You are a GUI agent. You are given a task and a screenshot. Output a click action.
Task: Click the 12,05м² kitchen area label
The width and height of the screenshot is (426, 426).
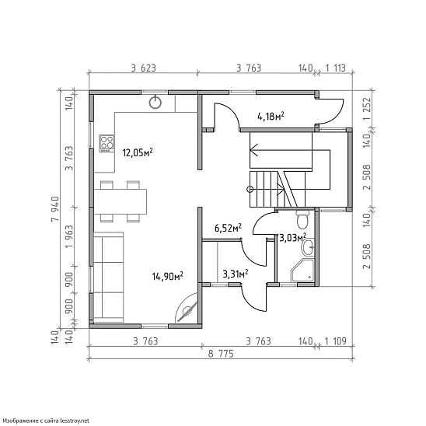click(x=138, y=152)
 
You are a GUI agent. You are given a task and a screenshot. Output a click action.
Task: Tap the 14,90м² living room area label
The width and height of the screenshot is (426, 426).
click(x=167, y=276)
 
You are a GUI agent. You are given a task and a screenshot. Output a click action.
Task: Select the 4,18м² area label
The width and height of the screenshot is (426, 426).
click(x=271, y=117)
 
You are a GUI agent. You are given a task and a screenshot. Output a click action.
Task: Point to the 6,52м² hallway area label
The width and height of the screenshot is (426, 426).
click(x=229, y=228)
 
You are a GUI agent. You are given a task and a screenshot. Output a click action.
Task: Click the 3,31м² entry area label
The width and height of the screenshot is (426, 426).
click(x=236, y=274)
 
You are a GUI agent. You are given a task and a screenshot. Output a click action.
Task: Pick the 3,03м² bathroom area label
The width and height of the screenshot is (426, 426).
click(x=293, y=238)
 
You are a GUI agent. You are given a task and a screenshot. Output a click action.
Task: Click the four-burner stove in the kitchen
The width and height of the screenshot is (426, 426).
click(x=106, y=143)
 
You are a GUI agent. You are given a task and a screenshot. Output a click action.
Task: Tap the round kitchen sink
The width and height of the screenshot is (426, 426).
click(x=155, y=102)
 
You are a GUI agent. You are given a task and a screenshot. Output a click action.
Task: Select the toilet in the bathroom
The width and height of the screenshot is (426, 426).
click(x=302, y=219)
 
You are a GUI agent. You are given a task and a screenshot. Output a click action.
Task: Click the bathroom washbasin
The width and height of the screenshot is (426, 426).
click(x=308, y=247)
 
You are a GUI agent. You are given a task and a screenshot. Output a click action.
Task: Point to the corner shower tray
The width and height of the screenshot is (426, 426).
click(x=302, y=271)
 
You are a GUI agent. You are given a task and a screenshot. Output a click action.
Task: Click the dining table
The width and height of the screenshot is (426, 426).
click(x=120, y=201)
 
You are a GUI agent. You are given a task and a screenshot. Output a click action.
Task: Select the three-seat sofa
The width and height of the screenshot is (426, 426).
click(x=109, y=277)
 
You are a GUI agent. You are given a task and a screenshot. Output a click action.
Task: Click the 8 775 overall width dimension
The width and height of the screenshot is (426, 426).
click(x=221, y=354)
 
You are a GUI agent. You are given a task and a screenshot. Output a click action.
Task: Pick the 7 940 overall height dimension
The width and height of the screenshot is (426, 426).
click(x=55, y=209)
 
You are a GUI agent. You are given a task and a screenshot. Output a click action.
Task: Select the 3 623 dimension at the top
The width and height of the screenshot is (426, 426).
click(x=144, y=68)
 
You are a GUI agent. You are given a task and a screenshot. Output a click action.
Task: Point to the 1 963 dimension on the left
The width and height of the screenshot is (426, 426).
click(x=69, y=236)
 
